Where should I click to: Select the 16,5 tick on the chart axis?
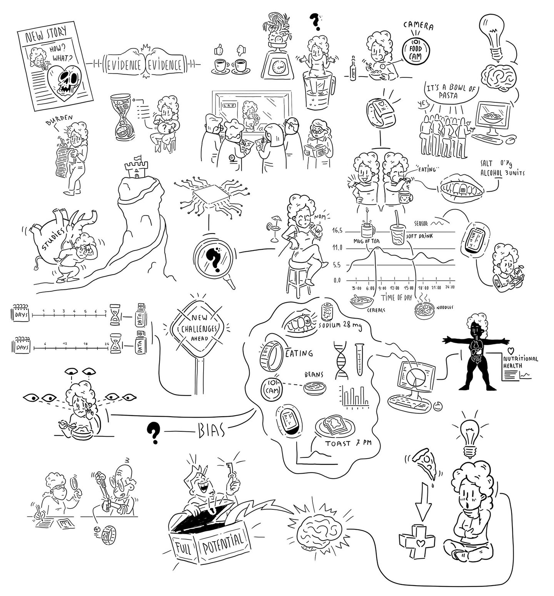coord(337,231)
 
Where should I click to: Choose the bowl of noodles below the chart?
coord(425,309)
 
